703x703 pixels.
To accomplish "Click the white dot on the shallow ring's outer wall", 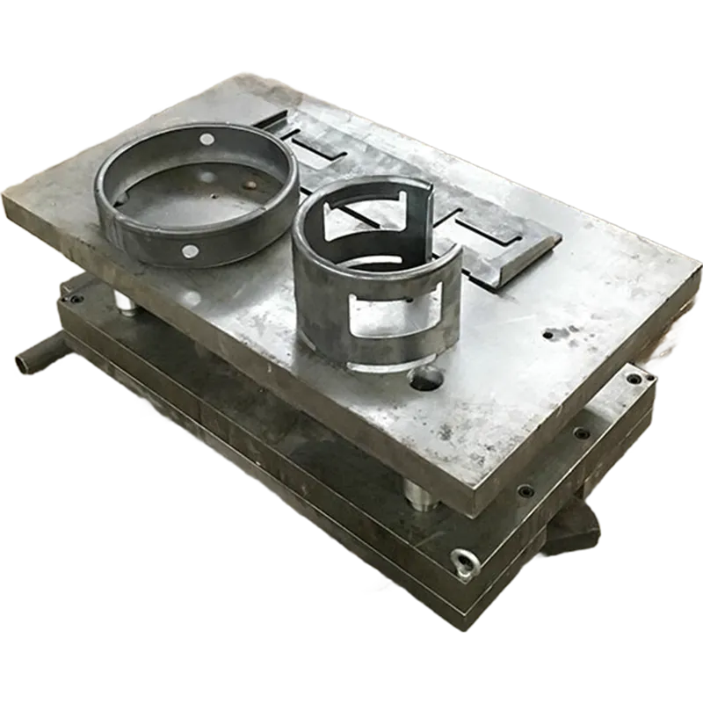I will [188, 252].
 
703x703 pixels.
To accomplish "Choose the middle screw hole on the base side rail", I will [579, 433].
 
